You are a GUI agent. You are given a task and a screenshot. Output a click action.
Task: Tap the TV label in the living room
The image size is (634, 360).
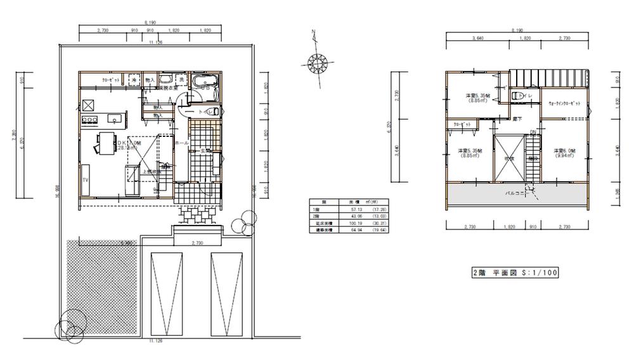pyautogui.click(x=84, y=181)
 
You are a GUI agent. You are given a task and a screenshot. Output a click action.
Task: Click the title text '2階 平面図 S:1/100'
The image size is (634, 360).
pyautogui.click(x=514, y=273)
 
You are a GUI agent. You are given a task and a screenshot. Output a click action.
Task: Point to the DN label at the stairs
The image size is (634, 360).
pyautogui.click(x=533, y=132)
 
